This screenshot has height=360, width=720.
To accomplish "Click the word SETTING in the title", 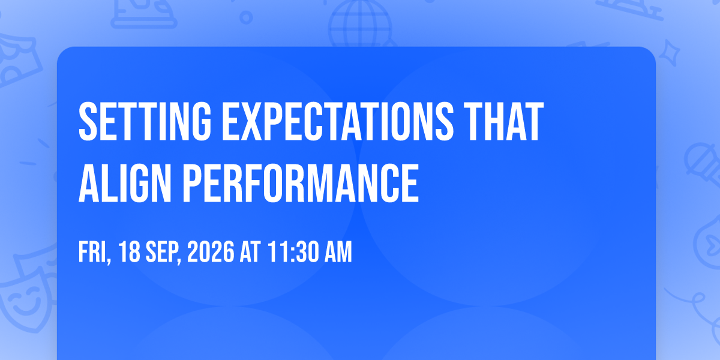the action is [x=145, y=121].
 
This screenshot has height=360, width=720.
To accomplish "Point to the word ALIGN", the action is [x=125, y=183].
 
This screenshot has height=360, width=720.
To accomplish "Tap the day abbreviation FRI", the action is [x=95, y=253].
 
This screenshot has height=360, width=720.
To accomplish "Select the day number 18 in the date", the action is [x=129, y=252].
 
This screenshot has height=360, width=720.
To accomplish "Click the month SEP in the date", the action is [x=163, y=253].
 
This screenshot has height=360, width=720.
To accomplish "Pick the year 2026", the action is [x=211, y=252].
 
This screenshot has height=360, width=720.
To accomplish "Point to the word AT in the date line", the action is [x=250, y=252].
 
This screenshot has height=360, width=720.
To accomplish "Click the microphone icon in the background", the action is [x=703, y=164].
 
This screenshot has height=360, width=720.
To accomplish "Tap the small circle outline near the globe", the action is [x=246, y=17].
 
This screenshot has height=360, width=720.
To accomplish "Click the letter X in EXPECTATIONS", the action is [x=251, y=121].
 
